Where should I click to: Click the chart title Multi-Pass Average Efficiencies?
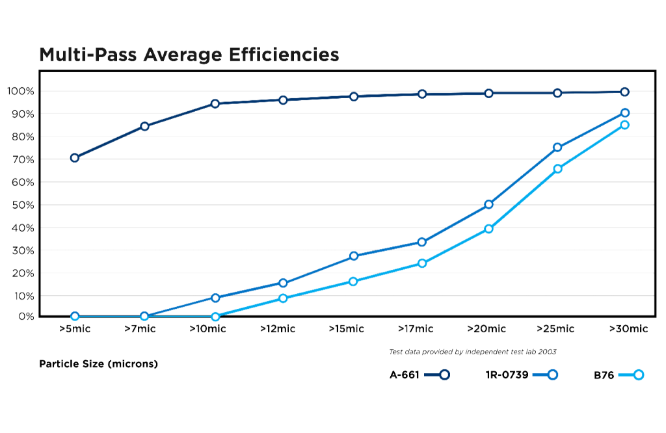tap(189, 55)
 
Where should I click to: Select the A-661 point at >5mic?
tap(75, 157)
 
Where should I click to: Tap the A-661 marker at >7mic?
tap(144, 126)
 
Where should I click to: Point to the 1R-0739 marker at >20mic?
tap(488, 204)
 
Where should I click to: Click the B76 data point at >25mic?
tap(557, 169)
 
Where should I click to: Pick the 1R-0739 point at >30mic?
tap(625, 112)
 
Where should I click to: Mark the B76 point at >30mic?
tap(625, 124)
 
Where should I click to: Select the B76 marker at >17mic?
tap(422, 263)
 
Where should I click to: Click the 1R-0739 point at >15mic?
tap(354, 256)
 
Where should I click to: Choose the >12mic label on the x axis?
tap(278, 329)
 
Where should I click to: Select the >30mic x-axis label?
tap(628, 329)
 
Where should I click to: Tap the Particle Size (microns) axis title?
tap(99, 364)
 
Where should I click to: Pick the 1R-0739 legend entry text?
tap(507, 374)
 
